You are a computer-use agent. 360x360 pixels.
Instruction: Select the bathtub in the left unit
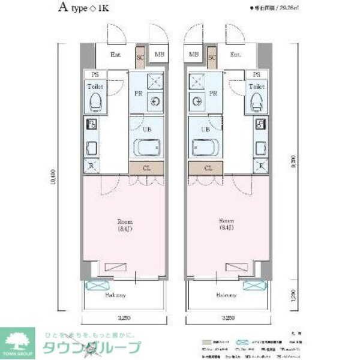pyautogui.click(x=147, y=148)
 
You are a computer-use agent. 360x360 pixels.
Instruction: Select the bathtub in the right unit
pyautogui.click(x=205, y=148)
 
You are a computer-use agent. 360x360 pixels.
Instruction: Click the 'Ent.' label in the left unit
pyautogui.click(x=116, y=55)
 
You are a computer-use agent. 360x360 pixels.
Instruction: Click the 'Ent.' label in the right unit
pyautogui.click(x=236, y=55)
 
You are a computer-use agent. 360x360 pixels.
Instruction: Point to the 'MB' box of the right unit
pyautogui.click(x=194, y=55)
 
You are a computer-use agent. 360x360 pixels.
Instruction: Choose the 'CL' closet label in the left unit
pyautogui.click(x=146, y=169)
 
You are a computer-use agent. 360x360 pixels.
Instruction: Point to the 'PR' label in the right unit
pyautogui.click(x=212, y=94)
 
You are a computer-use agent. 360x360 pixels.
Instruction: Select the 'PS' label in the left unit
pyautogui.click(x=95, y=75)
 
